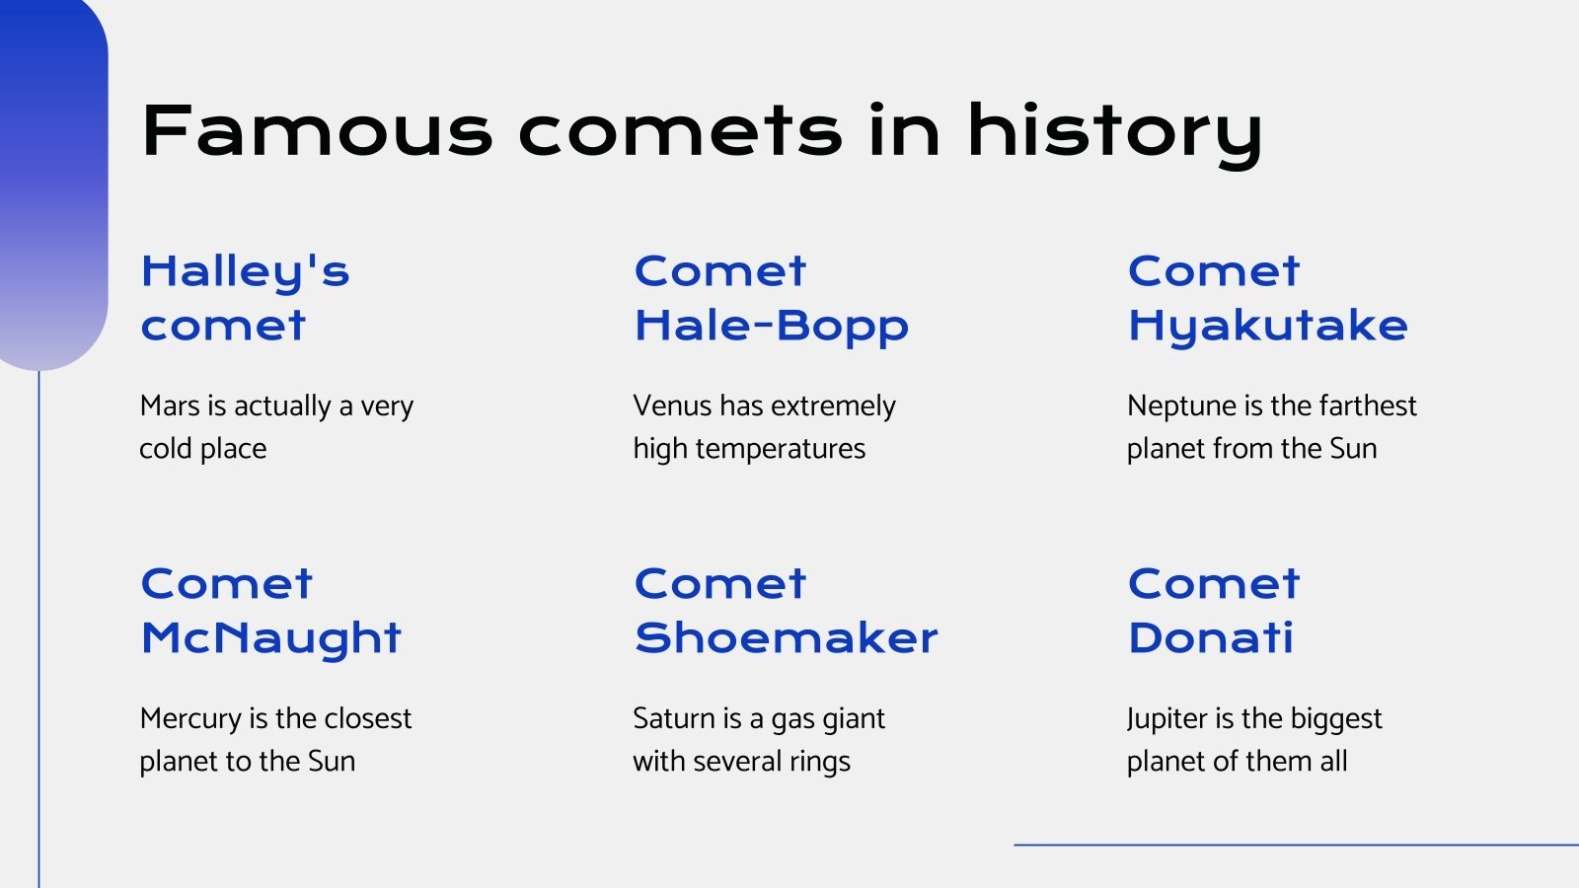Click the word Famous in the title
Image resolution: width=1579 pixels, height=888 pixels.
point(316,131)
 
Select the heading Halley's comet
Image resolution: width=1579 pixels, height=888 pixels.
point(245,298)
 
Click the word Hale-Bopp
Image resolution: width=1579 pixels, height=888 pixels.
point(771,327)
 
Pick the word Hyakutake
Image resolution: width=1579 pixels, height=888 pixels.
point(1267,327)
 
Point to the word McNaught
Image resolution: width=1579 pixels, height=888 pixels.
point(270,638)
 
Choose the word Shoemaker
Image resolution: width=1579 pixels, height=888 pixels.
point(786,638)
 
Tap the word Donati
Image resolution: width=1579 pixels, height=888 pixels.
point(1210,638)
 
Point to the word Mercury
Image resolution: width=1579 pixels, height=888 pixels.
point(190,719)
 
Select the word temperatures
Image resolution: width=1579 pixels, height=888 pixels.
point(780,450)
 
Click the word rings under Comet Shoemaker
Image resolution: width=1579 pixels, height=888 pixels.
point(819,763)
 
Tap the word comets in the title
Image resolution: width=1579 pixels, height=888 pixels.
point(681,131)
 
